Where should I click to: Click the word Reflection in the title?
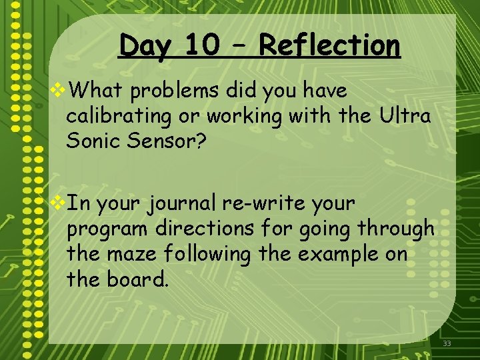click(329, 46)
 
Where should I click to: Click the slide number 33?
click(447, 344)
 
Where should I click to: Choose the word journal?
click(193, 203)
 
